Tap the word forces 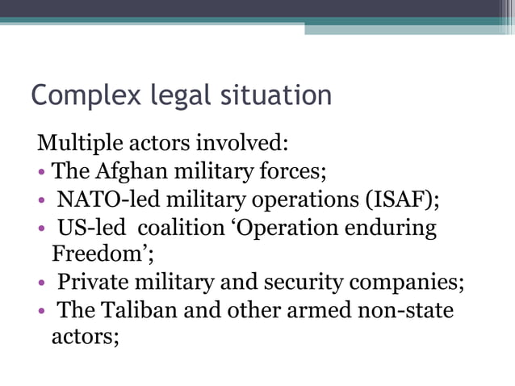(x=291, y=172)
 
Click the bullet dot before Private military (x=41, y=283)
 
